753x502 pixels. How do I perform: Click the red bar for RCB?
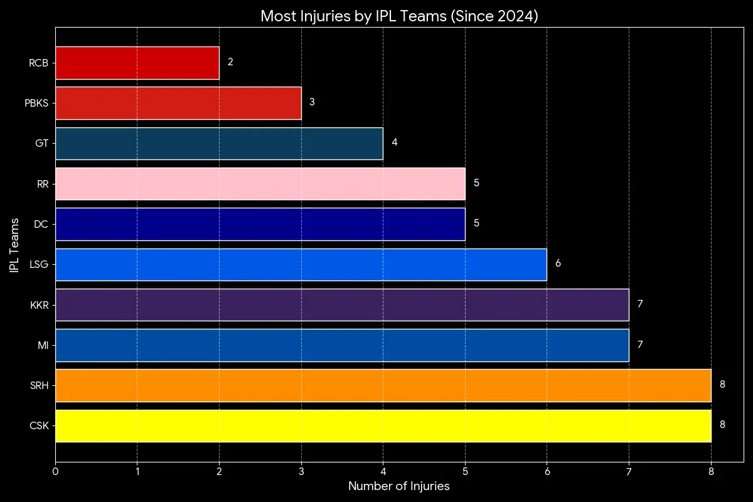click(x=137, y=63)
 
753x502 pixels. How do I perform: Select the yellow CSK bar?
click(x=383, y=425)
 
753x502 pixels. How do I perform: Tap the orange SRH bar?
click(x=383, y=385)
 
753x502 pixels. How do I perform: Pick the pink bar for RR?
click(x=260, y=183)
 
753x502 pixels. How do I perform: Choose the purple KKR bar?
click(x=342, y=305)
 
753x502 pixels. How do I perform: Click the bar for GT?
click(x=219, y=143)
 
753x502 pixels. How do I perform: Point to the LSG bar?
click(x=301, y=264)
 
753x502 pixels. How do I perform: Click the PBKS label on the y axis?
click(x=36, y=103)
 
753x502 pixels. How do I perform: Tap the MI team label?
click(x=43, y=345)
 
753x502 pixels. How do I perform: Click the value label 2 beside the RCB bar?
click(x=230, y=62)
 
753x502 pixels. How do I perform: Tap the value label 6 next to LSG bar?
click(x=558, y=264)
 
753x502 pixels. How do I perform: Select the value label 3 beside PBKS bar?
click(x=312, y=102)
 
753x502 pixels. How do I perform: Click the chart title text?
click(x=399, y=16)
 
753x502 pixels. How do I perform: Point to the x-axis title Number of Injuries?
click(x=399, y=486)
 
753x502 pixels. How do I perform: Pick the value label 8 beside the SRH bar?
click(x=722, y=385)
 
